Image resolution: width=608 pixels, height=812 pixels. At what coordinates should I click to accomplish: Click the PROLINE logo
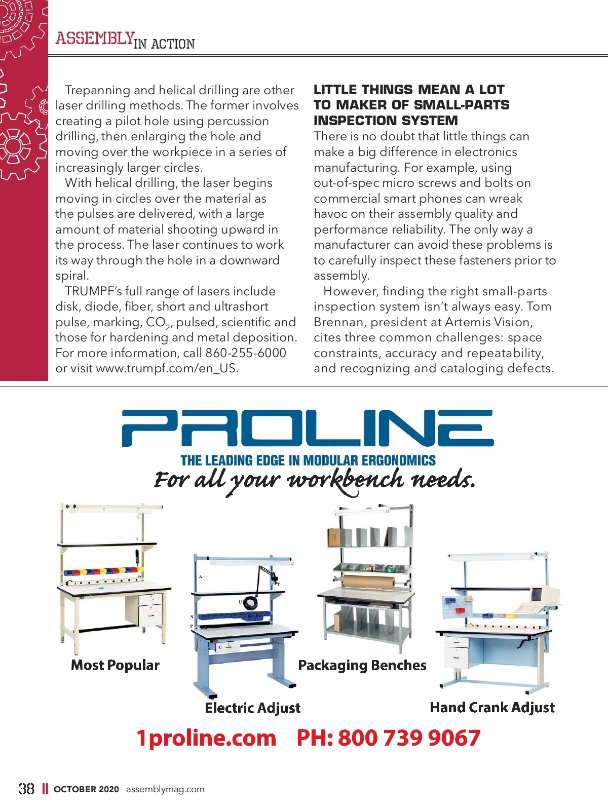click(308, 428)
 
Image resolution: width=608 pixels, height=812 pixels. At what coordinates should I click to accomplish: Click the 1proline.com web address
click(206, 738)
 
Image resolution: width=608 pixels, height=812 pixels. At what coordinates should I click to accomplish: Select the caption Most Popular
click(115, 665)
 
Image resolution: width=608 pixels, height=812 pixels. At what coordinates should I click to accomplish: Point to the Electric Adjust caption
click(252, 708)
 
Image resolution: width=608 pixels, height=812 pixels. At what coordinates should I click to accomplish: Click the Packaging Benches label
click(362, 665)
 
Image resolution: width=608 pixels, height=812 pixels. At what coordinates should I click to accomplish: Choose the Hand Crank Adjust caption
click(492, 708)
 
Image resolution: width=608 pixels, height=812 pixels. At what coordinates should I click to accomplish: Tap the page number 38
click(26, 789)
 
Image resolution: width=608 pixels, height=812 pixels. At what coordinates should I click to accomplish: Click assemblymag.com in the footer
click(165, 789)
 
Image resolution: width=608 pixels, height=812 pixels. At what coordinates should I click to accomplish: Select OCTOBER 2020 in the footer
click(86, 789)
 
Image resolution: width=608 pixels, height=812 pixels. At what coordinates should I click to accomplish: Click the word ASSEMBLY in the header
click(95, 38)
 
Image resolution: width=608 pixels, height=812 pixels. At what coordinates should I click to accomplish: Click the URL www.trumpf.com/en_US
click(167, 368)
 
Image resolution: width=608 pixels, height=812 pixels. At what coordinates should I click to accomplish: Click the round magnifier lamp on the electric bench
click(250, 603)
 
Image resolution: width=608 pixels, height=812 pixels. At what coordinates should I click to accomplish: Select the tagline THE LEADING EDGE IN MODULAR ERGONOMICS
click(308, 460)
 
